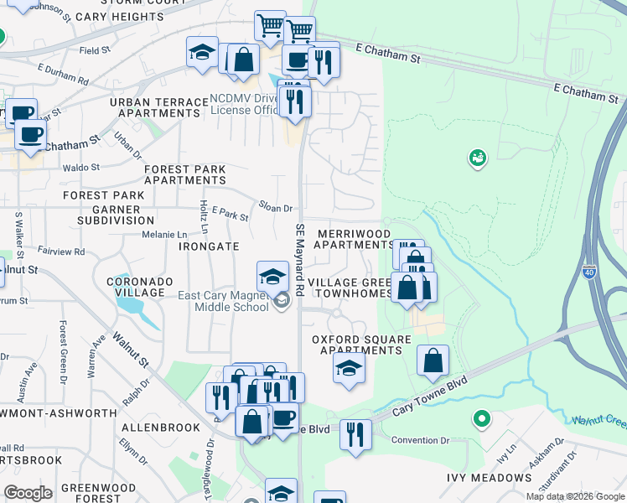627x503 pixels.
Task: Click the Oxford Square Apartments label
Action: (x=361, y=345)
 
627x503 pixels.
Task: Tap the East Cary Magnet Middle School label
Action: (x=223, y=301)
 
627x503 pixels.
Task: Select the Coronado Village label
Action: (x=139, y=287)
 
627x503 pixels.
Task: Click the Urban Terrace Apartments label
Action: (x=158, y=106)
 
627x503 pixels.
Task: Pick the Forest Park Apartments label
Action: (x=184, y=174)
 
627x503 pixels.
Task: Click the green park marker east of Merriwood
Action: (x=478, y=157)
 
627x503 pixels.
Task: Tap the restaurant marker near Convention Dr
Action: (x=355, y=434)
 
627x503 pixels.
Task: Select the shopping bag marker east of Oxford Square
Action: (x=433, y=361)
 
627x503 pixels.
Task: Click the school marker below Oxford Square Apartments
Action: (x=349, y=367)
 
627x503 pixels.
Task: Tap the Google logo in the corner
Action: (x=28, y=492)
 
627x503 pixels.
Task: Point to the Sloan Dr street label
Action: (x=275, y=207)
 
